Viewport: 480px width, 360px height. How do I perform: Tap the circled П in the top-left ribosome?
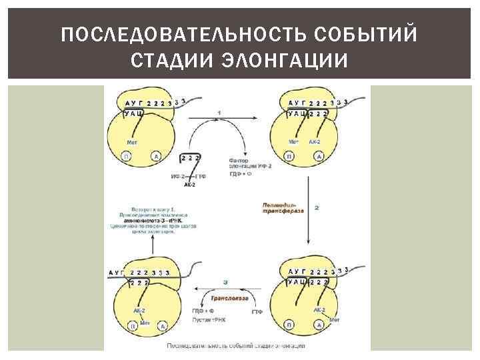(125, 156)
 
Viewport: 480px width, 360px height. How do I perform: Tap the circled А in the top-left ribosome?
(155, 156)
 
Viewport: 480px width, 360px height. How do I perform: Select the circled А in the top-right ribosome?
(319, 156)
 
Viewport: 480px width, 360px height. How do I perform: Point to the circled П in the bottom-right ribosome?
(289, 325)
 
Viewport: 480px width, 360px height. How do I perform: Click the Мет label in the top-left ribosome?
(133, 142)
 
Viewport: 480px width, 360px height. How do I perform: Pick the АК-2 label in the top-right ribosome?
(316, 142)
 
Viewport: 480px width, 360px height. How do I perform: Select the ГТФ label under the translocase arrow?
(257, 311)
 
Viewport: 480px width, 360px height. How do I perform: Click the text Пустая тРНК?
(209, 321)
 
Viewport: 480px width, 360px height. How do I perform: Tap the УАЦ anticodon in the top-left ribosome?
(134, 115)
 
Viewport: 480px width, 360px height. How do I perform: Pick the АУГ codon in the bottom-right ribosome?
(297, 271)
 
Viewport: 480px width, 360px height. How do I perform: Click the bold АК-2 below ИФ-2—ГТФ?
(189, 184)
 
